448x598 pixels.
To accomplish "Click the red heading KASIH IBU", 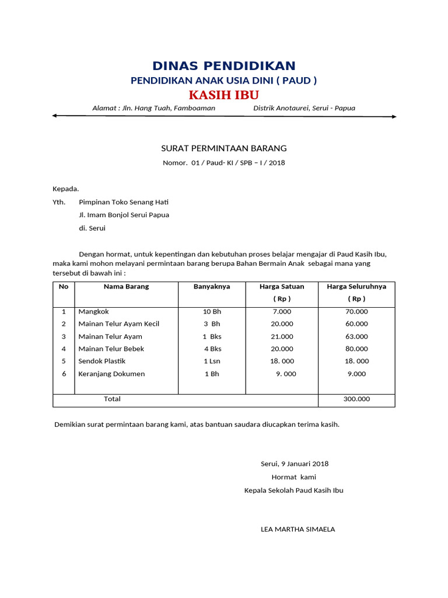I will pyautogui.click(x=224, y=95).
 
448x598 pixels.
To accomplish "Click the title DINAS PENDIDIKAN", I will pyautogui.click(x=224, y=66).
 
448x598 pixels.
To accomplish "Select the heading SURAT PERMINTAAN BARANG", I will pyautogui.click(x=224, y=148).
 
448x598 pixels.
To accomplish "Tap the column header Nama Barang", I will pyautogui.click(x=126, y=287).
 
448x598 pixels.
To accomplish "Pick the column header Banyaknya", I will pyautogui.click(x=212, y=287).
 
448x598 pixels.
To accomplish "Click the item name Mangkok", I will pyautogui.click(x=93, y=312).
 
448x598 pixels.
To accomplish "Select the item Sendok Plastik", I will pyautogui.click(x=102, y=361).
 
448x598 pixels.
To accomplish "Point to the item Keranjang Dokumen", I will pyautogui.click(x=111, y=374).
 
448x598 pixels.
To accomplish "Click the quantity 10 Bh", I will pyautogui.click(x=212, y=312).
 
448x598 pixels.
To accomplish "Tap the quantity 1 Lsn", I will pyautogui.click(x=212, y=361).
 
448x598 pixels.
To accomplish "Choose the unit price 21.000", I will pyautogui.click(x=282, y=336).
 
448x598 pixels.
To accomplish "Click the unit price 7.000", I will pyautogui.click(x=282, y=312).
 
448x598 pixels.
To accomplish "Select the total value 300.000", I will pyautogui.click(x=356, y=399).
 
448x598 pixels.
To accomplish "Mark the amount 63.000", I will pyautogui.click(x=356, y=336).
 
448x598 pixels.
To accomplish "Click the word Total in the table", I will pyautogui.click(x=112, y=399).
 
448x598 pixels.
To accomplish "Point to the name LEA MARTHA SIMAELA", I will pyautogui.click(x=297, y=530).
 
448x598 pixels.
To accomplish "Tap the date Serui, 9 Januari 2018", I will pyautogui.click(x=294, y=464).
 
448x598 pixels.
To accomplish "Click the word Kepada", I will pyautogui.click(x=65, y=189).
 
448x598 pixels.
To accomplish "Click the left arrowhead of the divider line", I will pyautogui.click(x=54, y=116).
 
